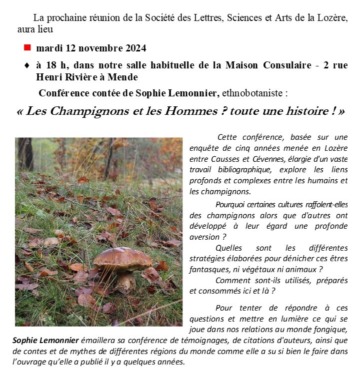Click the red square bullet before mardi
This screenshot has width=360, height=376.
[27, 47]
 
